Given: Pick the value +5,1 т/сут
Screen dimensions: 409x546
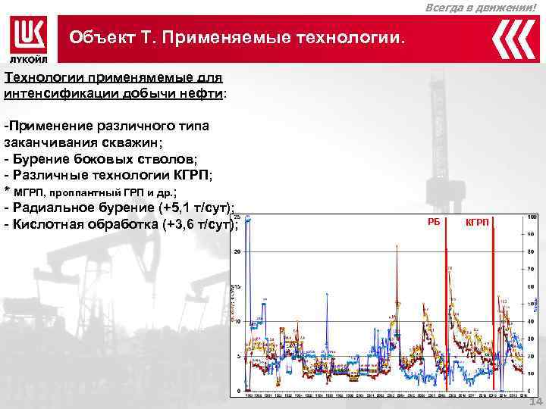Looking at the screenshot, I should pyautogui.click(x=195, y=208).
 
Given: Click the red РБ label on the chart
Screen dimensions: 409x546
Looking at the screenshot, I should pyautogui.click(x=434, y=221).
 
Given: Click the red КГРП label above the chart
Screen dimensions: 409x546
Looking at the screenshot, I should pyautogui.click(x=477, y=221).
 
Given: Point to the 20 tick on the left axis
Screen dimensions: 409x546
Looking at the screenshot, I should pyautogui.click(x=237, y=251).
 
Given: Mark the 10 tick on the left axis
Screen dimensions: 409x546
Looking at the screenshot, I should pyautogui.click(x=237, y=321).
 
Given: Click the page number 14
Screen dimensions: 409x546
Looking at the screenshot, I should pyautogui.click(x=535, y=401).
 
